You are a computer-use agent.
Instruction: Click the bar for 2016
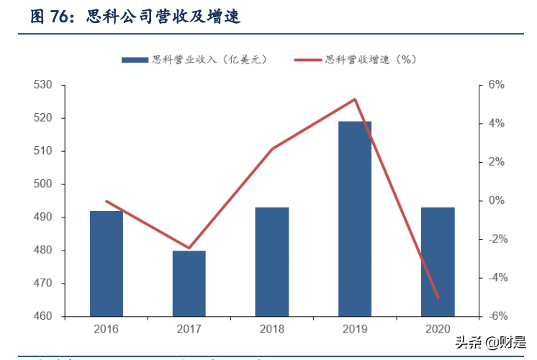click(x=107, y=264)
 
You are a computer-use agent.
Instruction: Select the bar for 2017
click(x=189, y=284)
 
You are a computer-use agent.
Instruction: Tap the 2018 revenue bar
click(x=272, y=262)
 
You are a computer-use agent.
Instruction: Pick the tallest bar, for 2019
click(x=355, y=219)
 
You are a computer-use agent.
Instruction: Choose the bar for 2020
click(x=438, y=262)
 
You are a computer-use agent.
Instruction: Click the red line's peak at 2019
click(x=355, y=99)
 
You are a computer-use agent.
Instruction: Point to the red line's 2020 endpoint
click(x=438, y=297)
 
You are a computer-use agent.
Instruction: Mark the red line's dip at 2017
click(x=189, y=248)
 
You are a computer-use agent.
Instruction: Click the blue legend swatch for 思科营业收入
click(x=135, y=60)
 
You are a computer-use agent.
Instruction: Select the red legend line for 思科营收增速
click(x=308, y=60)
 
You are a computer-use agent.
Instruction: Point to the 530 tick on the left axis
click(x=43, y=85)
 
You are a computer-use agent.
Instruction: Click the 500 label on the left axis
click(x=43, y=184)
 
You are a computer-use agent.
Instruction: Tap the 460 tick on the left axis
click(x=43, y=317)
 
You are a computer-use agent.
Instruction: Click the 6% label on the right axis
click(x=497, y=85)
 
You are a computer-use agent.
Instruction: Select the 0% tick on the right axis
click(x=497, y=201)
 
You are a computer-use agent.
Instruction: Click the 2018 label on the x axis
click(x=272, y=329)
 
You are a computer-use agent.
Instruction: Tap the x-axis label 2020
click(x=438, y=329)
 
